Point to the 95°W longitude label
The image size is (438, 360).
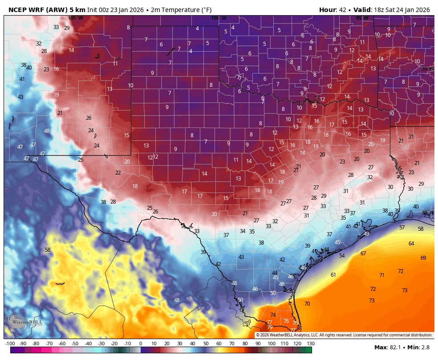pyautogui.click(x=361, y=18)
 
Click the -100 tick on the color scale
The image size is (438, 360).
pyautogui.click(x=10, y=344)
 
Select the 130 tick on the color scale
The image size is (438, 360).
pyautogui.click(x=310, y=344)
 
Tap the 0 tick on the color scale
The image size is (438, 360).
pyautogui.click(x=140, y=344)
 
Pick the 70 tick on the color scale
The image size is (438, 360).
pyautogui.click(x=232, y=344)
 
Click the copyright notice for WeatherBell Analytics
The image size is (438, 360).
pyautogui.click(x=344, y=335)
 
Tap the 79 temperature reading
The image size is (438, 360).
pyautogui.click(x=270, y=327)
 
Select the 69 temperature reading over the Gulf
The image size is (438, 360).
pyautogui.click(x=423, y=258)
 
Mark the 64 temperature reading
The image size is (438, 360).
pyautogui.click(x=411, y=244)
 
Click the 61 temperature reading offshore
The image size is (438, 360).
pyautogui.click(x=333, y=275)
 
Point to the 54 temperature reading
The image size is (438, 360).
pyautogui.click(x=342, y=256)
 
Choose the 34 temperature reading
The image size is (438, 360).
pyautogui.click(x=242, y=231)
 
